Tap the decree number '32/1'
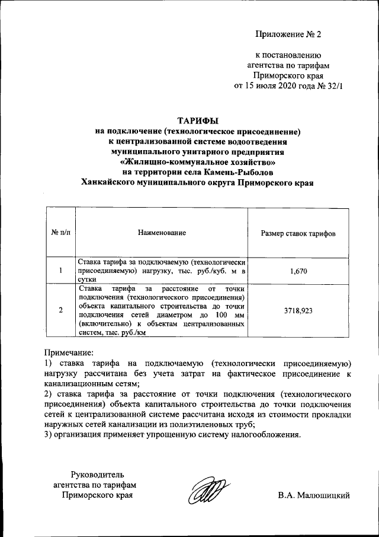pos(333,86)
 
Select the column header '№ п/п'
pos(60,233)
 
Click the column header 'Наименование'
pos(162,233)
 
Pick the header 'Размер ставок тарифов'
pos(298,233)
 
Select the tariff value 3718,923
pos(298,310)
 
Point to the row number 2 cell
pos(60,310)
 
